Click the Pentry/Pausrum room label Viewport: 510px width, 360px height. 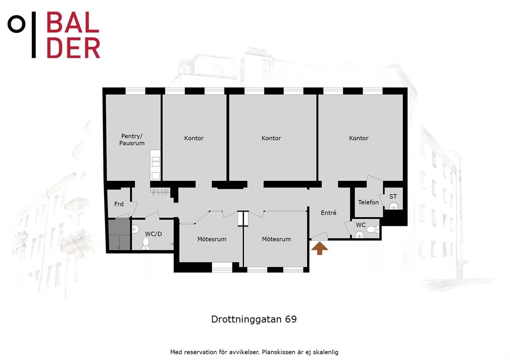pos(132,139)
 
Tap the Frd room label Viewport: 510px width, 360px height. pos(119,204)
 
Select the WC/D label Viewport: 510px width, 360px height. pos(153,234)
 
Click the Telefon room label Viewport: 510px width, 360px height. pos(368,202)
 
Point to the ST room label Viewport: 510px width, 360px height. pos(393,196)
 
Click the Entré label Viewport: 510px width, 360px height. pos(328,213)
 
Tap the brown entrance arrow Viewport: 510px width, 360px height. pos(320,248)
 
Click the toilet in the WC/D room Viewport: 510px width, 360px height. pos(145,243)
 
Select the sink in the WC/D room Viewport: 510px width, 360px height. pos(135,229)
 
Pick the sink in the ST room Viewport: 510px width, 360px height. pos(394,206)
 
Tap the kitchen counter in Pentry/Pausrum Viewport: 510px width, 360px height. pos(156,165)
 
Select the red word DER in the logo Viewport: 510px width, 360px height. pos(73,48)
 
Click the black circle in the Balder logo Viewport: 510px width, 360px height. pos(16,24)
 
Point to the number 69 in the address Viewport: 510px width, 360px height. pos(291,319)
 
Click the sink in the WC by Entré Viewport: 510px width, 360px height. pos(359,234)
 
